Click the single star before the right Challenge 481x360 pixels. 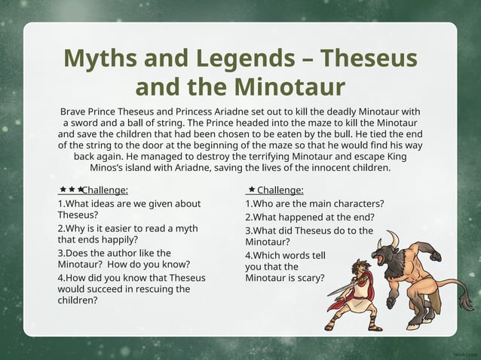[x=250, y=190]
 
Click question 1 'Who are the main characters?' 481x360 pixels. [x=314, y=203]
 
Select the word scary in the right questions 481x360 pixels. [x=312, y=277]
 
